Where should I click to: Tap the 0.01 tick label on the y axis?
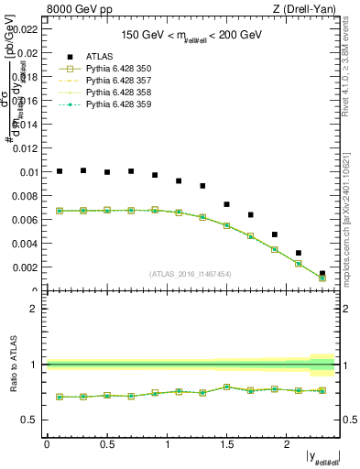click(x=28, y=172)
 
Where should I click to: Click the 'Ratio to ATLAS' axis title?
click(x=13, y=365)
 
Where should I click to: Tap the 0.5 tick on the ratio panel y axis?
click(x=31, y=420)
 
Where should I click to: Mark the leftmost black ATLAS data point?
click(x=60, y=171)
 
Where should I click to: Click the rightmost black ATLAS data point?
click(x=322, y=273)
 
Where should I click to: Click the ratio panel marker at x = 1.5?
click(x=227, y=387)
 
